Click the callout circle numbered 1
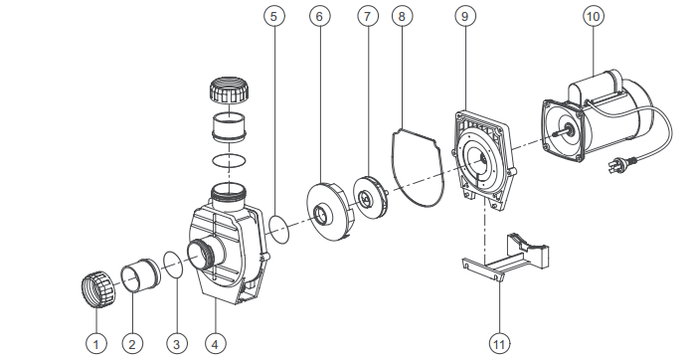click(x=96, y=343)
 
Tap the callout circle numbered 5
click(x=274, y=16)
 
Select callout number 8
click(x=402, y=16)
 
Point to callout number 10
click(x=594, y=16)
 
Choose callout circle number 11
click(x=499, y=343)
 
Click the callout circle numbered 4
click(x=216, y=343)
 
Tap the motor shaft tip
click(x=552, y=134)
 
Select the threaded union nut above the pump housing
click(x=228, y=90)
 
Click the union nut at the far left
click(x=98, y=289)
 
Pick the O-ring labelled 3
click(x=173, y=265)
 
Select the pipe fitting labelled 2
click(x=139, y=275)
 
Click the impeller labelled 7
click(x=370, y=197)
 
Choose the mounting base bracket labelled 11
click(x=506, y=262)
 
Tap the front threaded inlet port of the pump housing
click(x=202, y=256)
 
